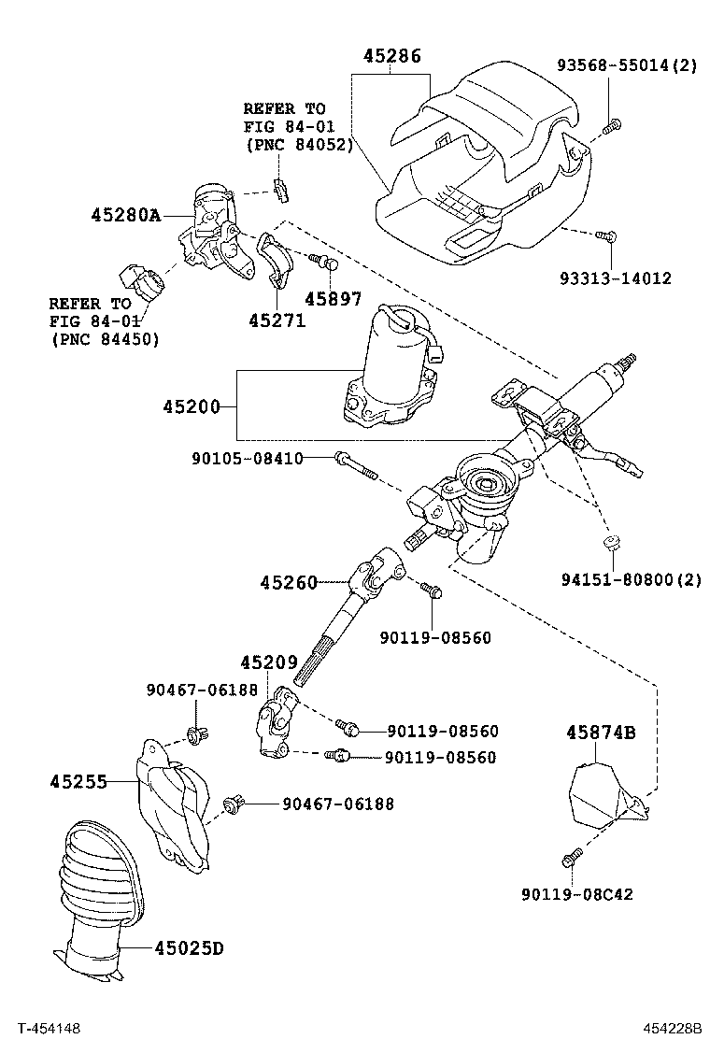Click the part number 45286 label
click(x=392, y=56)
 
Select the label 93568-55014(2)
click(x=627, y=65)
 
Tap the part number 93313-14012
click(x=616, y=278)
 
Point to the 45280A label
click(x=126, y=216)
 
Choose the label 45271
click(x=277, y=320)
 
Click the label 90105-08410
click(x=248, y=458)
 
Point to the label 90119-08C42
click(x=577, y=894)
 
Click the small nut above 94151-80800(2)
click(x=611, y=543)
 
